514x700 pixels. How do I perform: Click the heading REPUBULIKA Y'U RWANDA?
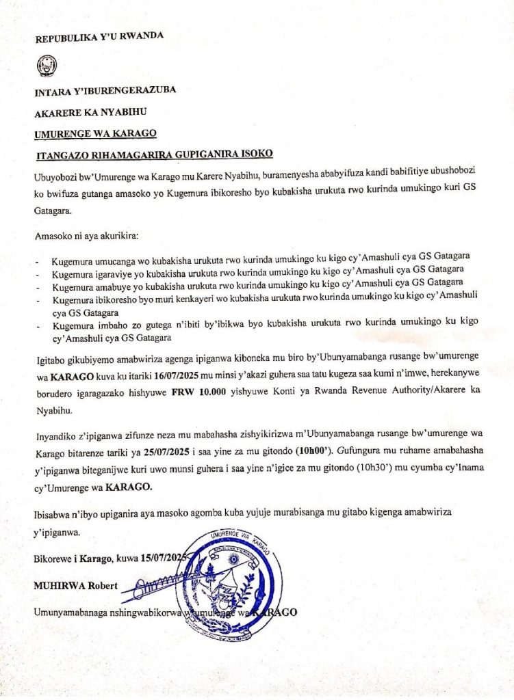pyautogui.click(x=99, y=36)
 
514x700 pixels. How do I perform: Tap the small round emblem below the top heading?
pyautogui.click(x=46, y=67)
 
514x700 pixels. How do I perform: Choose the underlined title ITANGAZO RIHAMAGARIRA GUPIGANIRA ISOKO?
pyautogui.click(x=154, y=154)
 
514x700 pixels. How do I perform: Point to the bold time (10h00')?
pyautogui.click(x=301, y=452)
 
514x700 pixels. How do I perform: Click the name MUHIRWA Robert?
pyautogui.click(x=75, y=586)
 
